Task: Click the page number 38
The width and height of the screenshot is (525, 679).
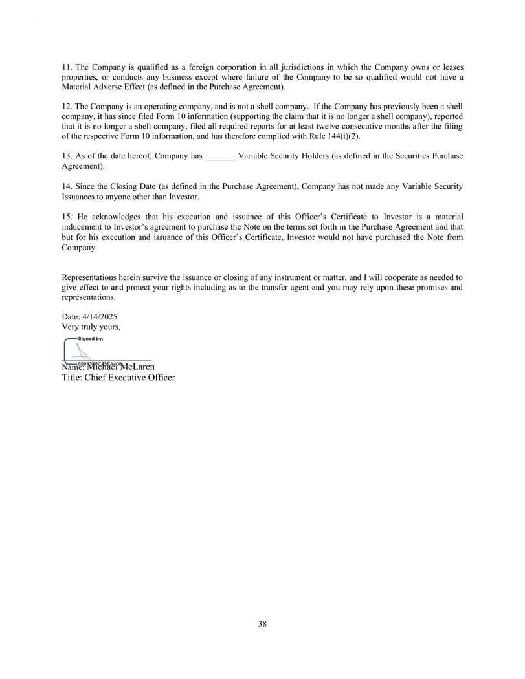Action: [x=262, y=624]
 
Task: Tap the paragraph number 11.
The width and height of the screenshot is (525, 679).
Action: [x=67, y=67]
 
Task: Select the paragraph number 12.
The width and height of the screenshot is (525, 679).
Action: [x=67, y=106]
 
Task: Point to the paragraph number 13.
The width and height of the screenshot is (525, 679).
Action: [x=67, y=156]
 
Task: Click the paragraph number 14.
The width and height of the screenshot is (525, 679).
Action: [x=67, y=186]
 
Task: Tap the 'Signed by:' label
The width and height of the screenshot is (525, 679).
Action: [x=91, y=338]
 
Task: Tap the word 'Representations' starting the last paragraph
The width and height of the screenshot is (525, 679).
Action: [x=90, y=277]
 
